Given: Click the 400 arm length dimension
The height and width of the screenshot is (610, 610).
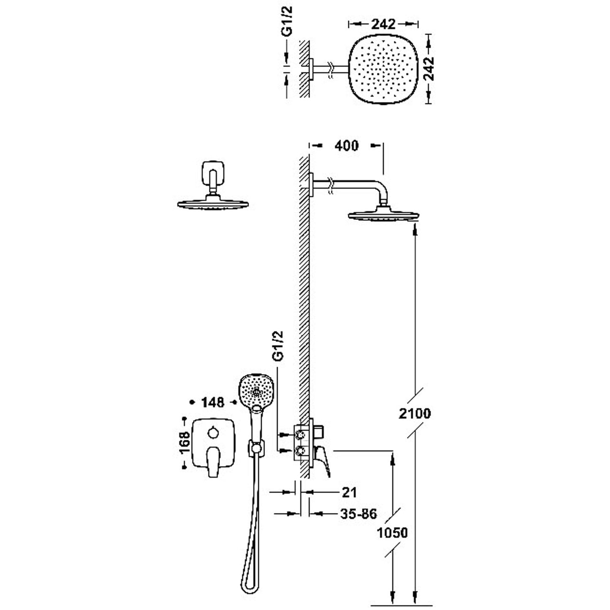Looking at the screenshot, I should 346,146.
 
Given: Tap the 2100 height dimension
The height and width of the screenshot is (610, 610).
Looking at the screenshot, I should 415,413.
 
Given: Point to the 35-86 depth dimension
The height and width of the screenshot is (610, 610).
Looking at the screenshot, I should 358,514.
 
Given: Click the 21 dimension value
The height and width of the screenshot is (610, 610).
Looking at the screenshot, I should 349,492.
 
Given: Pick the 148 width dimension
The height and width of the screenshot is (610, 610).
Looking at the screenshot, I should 212,402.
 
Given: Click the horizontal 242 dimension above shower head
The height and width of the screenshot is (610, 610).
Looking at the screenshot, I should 383,24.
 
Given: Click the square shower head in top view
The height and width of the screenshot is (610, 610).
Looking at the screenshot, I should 383,69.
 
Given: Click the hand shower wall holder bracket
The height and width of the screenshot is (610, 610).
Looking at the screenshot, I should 255,448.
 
